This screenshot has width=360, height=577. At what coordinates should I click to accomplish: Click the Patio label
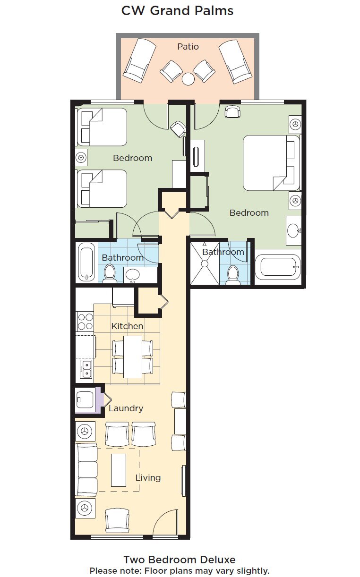[x=188, y=47]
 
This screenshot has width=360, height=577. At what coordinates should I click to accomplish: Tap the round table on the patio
[x=188, y=78]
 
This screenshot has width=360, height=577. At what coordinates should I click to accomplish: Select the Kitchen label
[x=127, y=326]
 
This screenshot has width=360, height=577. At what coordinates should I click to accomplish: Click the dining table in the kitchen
[x=133, y=357]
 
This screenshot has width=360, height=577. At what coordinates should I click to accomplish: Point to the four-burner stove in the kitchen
[x=86, y=322]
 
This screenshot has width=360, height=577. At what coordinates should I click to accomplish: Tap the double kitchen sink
[x=86, y=369]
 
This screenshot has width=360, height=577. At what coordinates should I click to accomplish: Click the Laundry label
[x=126, y=408]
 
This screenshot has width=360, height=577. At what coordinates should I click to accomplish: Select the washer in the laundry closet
[x=85, y=400]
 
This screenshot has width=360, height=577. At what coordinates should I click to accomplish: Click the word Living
[x=148, y=478]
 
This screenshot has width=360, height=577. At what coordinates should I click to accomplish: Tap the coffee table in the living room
[x=119, y=470]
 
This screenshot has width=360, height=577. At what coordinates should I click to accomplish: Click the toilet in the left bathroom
[x=110, y=274]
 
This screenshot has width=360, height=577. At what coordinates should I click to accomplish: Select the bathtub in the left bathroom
[x=86, y=262]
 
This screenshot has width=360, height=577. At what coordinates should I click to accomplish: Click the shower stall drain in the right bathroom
[x=205, y=263]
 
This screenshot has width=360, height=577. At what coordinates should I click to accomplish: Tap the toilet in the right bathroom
[x=233, y=275]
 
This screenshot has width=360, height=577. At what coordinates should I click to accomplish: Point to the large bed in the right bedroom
[x=271, y=163]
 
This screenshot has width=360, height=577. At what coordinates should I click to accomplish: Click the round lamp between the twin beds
[x=81, y=157]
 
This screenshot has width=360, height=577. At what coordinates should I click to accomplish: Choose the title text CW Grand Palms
[x=177, y=11]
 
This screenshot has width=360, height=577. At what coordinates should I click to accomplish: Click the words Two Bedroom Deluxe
[x=180, y=560]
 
